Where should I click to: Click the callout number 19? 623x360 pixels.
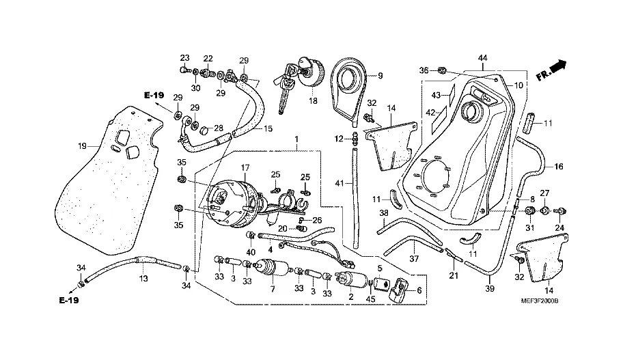[82, 146]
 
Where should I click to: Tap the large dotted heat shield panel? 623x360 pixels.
[109, 180]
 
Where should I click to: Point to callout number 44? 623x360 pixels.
[482, 58]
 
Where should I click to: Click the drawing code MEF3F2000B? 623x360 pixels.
[540, 301]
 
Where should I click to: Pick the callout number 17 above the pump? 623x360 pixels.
[245, 167]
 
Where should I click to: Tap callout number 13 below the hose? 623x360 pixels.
[143, 279]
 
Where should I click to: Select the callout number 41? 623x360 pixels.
[339, 184]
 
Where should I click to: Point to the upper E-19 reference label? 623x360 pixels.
[154, 96]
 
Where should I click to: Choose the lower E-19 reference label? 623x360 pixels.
[69, 301]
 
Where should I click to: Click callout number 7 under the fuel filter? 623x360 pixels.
[273, 289]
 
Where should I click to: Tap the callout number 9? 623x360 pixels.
[380, 76]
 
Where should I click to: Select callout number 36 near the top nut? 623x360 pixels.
[424, 70]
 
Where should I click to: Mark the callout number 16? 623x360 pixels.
[559, 167]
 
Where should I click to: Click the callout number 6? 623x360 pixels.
[419, 291]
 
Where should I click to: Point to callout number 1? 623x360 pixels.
[296, 139]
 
